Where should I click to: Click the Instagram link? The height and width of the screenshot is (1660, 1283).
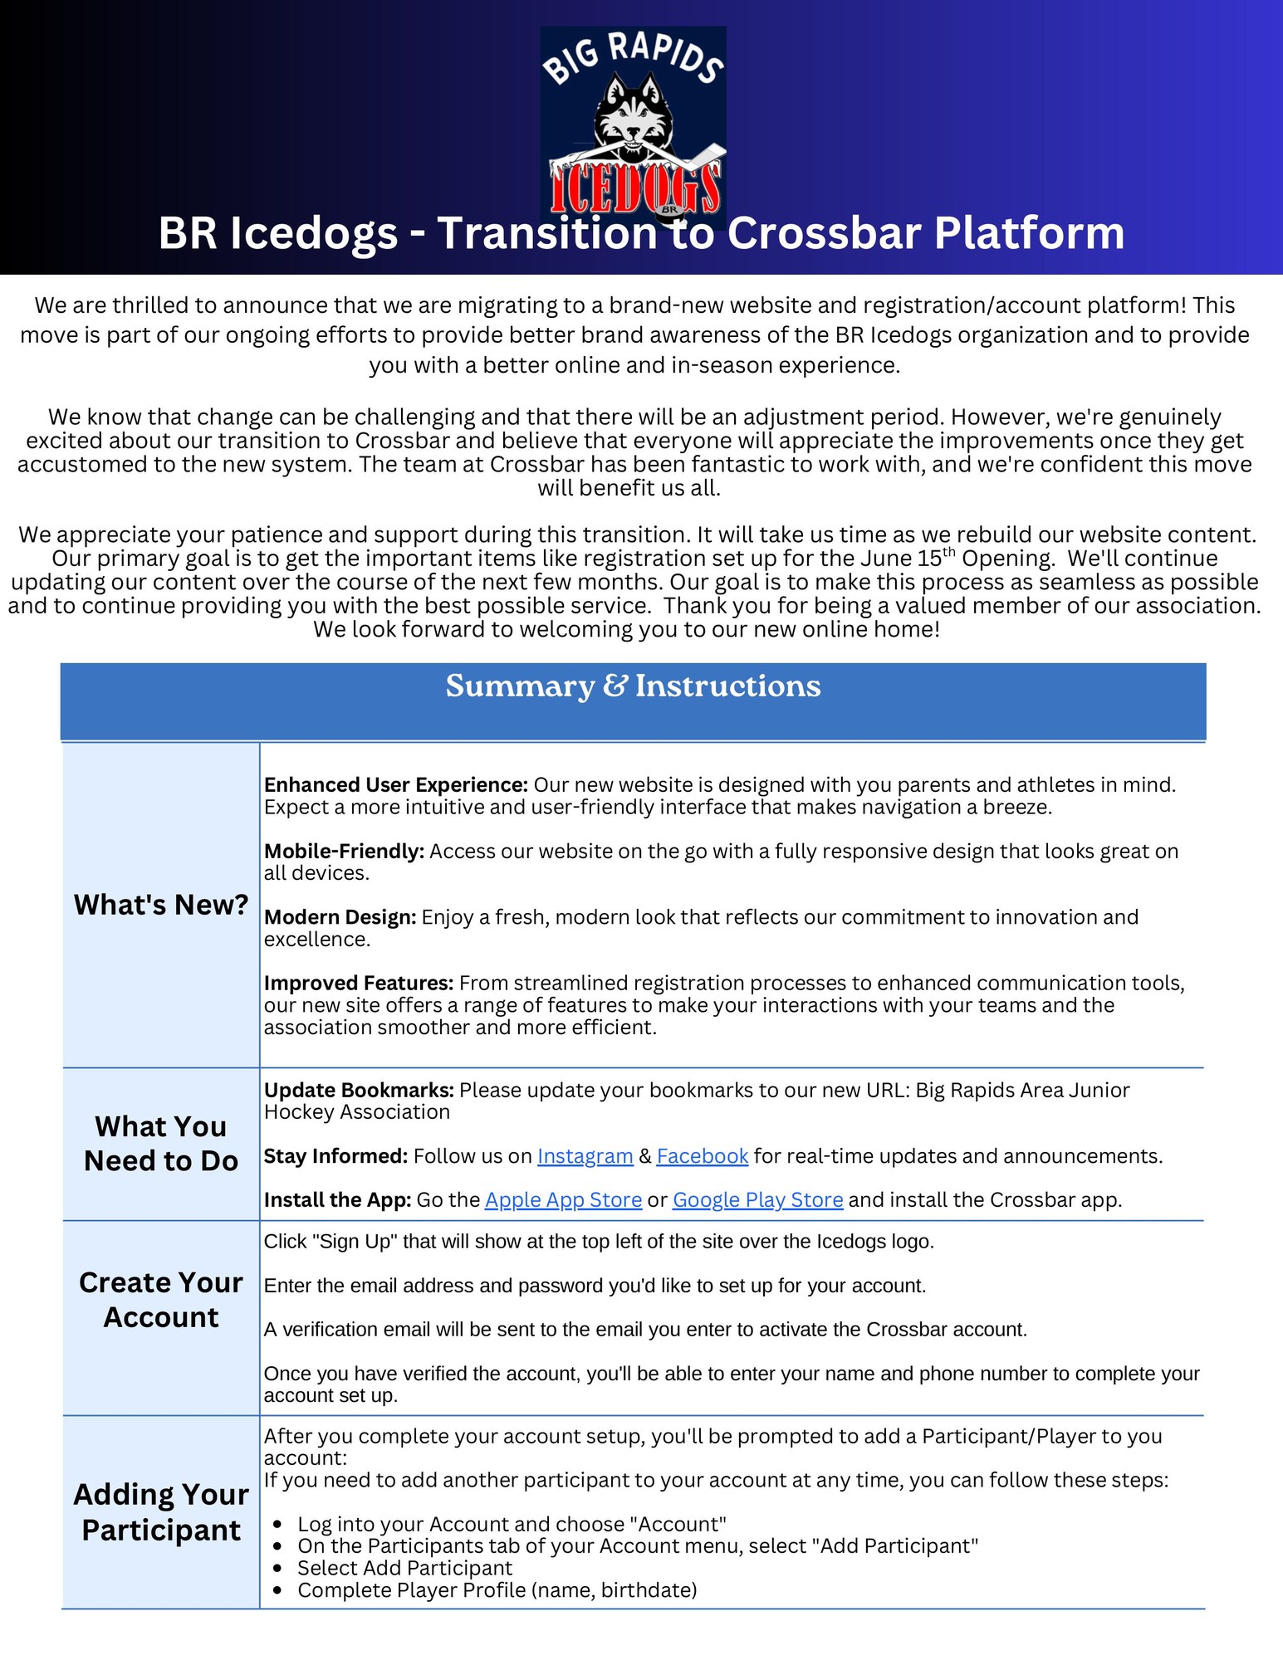pyautogui.click(x=585, y=1156)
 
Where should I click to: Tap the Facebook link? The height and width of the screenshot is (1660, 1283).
pyautogui.click(x=702, y=1156)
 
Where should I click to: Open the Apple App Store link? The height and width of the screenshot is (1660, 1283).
pyautogui.click(x=563, y=1200)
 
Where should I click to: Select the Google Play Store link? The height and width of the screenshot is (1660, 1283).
pyautogui.click(x=757, y=1200)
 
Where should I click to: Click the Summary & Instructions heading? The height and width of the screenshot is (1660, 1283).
pyautogui.click(x=633, y=686)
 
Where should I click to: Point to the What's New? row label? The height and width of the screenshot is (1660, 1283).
pyautogui.click(x=161, y=905)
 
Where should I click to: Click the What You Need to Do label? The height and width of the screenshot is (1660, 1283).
pyautogui.click(x=161, y=1144)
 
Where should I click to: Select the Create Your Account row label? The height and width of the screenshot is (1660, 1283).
pyautogui.click(x=161, y=1300)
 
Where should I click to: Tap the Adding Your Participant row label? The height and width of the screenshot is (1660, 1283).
pyautogui.click(x=161, y=1512)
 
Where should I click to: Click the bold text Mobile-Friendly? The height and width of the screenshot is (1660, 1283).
pyautogui.click(x=344, y=852)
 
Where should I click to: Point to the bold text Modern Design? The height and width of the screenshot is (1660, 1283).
pyautogui.click(x=340, y=917)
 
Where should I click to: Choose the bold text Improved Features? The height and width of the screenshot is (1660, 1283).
pyautogui.click(x=358, y=984)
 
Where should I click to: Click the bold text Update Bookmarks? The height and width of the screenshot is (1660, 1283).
pyautogui.click(x=359, y=1091)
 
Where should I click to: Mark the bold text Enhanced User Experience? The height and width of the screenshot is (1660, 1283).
pyautogui.click(x=395, y=785)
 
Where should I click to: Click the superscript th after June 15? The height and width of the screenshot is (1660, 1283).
pyautogui.click(x=949, y=551)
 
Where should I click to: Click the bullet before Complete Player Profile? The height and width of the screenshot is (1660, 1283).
pyautogui.click(x=279, y=1591)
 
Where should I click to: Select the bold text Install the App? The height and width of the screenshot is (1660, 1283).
pyautogui.click(x=337, y=1200)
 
